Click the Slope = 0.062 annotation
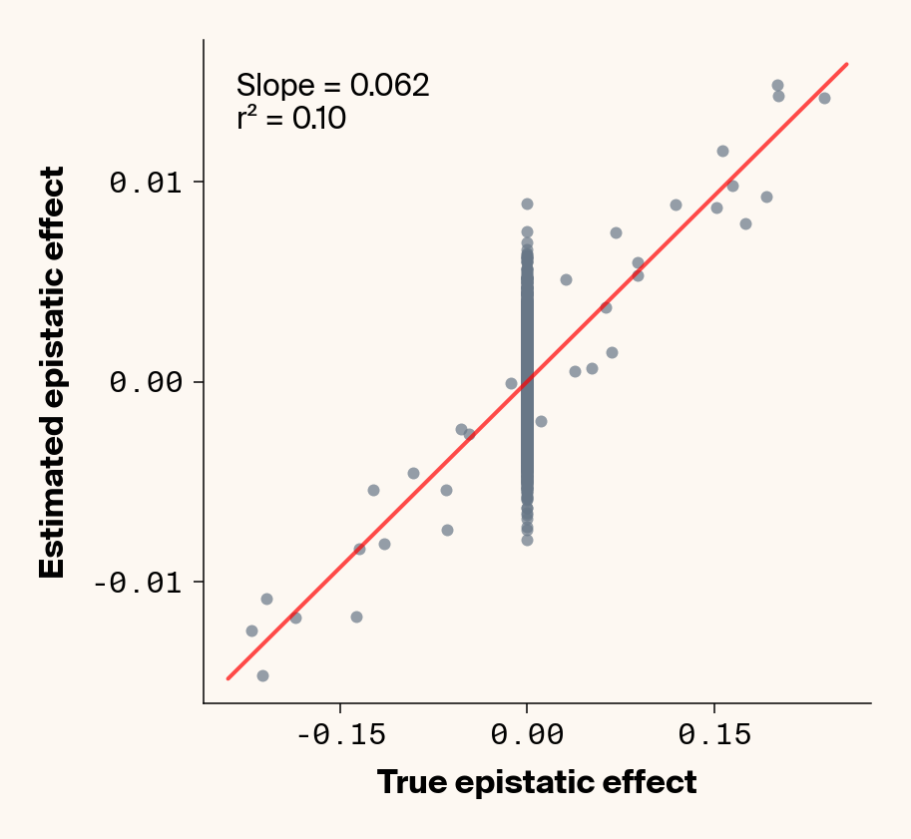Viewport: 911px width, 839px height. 332,86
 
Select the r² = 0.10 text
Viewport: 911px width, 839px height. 291,120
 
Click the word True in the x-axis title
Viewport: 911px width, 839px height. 411,782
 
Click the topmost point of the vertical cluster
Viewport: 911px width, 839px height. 527,204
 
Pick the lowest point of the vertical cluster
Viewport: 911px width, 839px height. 527,540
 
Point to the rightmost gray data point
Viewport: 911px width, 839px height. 824,98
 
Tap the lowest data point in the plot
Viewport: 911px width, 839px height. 262,675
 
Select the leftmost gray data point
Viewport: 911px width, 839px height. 251,630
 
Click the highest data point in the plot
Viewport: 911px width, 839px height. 777,86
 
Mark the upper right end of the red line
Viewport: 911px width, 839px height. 847,64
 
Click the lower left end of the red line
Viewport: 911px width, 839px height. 228,678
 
